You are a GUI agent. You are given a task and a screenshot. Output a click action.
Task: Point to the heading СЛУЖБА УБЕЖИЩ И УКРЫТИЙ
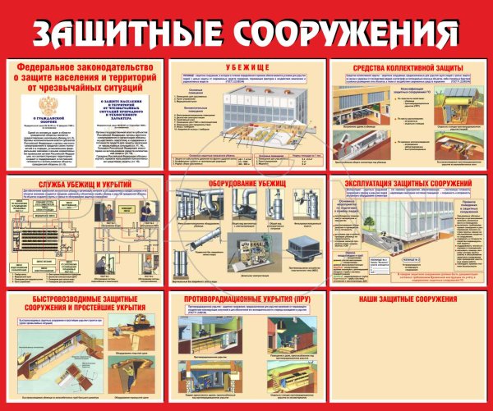tap(82, 182)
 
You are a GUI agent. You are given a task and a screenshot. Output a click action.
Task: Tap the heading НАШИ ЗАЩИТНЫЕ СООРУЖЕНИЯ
tap(407, 299)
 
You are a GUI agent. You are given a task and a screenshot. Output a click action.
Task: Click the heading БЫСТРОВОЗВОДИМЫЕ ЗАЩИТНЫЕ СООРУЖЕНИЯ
tap(82, 304)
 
